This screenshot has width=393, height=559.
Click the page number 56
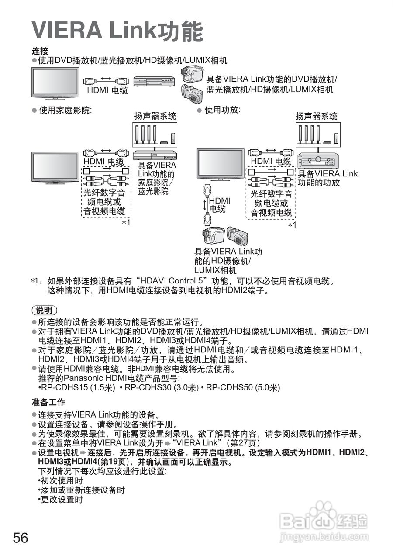(x=21, y=538)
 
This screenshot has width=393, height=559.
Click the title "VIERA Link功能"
(x=117, y=31)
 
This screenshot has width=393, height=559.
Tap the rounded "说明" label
(x=45, y=311)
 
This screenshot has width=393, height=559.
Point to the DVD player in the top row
(x=154, y=80)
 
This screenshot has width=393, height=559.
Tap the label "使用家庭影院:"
(x=65, y=111)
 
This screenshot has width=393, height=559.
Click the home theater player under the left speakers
(x=154, y=155)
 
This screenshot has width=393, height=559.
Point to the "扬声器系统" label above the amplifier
(x=317, y=116)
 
